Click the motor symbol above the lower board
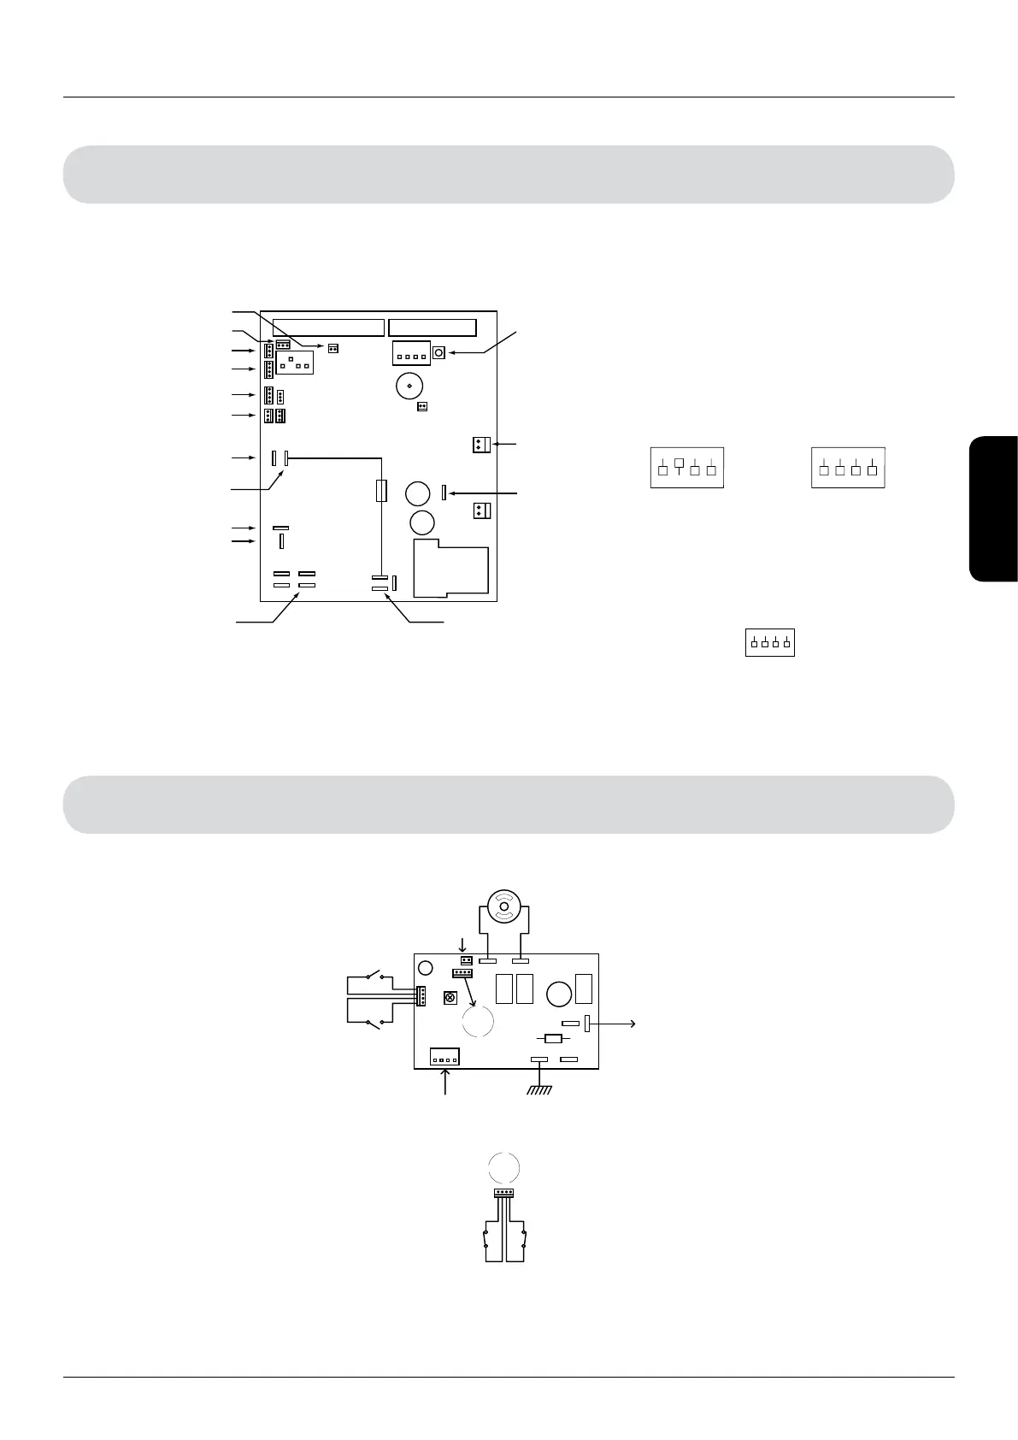coord(504,907)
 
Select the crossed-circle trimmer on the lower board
coord(450,998)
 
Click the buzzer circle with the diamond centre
coord(410,386)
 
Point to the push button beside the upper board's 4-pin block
coord(439,352)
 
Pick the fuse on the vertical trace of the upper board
coord(382,490)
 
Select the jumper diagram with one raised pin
coord(687,467)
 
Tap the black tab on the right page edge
coord(993,510)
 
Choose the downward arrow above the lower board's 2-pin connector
coord(462,945)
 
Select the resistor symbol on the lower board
coord(553,1039)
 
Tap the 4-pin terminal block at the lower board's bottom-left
coord(444,1057)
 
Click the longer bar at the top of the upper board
coord(328,328)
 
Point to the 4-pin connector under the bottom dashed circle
coord(503,1193)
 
